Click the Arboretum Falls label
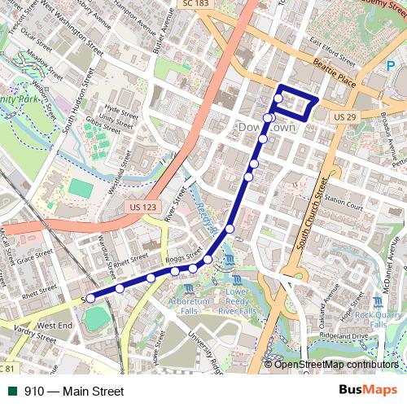[189, 306]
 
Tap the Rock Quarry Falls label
[379, 319]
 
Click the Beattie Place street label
[335, 77]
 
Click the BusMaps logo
[369, 391]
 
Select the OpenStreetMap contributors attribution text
[336, 365]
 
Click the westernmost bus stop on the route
[90, 299]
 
